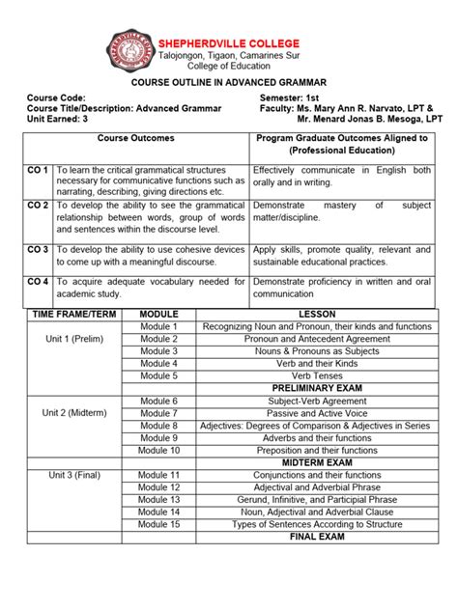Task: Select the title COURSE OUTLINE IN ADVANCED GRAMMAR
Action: click(x=228, y=84)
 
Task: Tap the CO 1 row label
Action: click(x=38, y=170)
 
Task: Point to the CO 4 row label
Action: click(x=38, y=281)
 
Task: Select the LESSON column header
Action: click(x=317, y=315)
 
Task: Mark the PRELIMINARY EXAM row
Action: click(x=317, y=388)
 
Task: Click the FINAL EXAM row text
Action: click(x=317, y=537)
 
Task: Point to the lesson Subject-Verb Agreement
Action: click(x=317, y=401)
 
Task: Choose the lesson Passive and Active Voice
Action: click(x=317, y=413)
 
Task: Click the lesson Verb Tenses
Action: click(x=317, y=375)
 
